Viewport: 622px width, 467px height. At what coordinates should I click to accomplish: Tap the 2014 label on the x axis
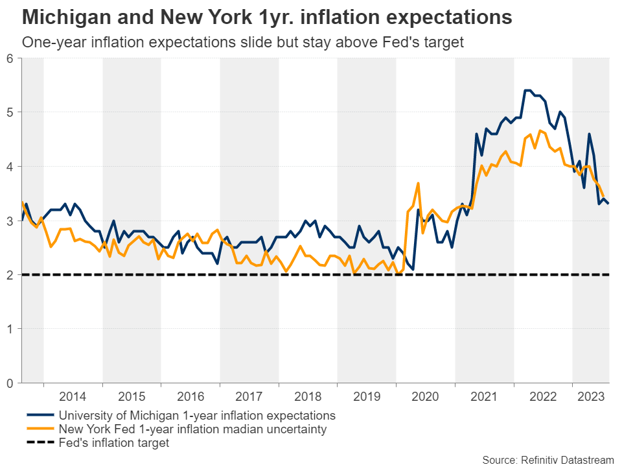tap(73, 396)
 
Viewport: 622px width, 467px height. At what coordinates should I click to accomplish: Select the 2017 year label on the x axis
tap(249, 396)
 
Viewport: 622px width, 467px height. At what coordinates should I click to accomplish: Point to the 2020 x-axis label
tap(426, 396)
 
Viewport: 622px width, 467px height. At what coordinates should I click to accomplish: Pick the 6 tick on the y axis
tap(10, 58)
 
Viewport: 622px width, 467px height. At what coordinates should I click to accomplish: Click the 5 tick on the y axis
tap(10, 112)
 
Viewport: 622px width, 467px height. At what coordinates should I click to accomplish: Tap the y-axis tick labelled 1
tap(10, 329)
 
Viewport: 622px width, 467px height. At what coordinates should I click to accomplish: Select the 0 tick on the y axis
tap(10, 383)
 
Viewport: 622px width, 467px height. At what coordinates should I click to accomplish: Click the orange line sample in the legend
tap(40, 429)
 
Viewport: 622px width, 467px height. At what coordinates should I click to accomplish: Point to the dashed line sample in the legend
tap(40, 443)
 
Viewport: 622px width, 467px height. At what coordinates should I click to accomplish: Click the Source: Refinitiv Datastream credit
tap(549, 459)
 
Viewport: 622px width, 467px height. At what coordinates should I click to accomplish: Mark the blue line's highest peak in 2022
tap(527, 90)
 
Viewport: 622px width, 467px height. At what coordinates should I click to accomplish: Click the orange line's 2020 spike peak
tap(419, 183)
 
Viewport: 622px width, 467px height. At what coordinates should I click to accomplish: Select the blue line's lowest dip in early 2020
tap(413, 269)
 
